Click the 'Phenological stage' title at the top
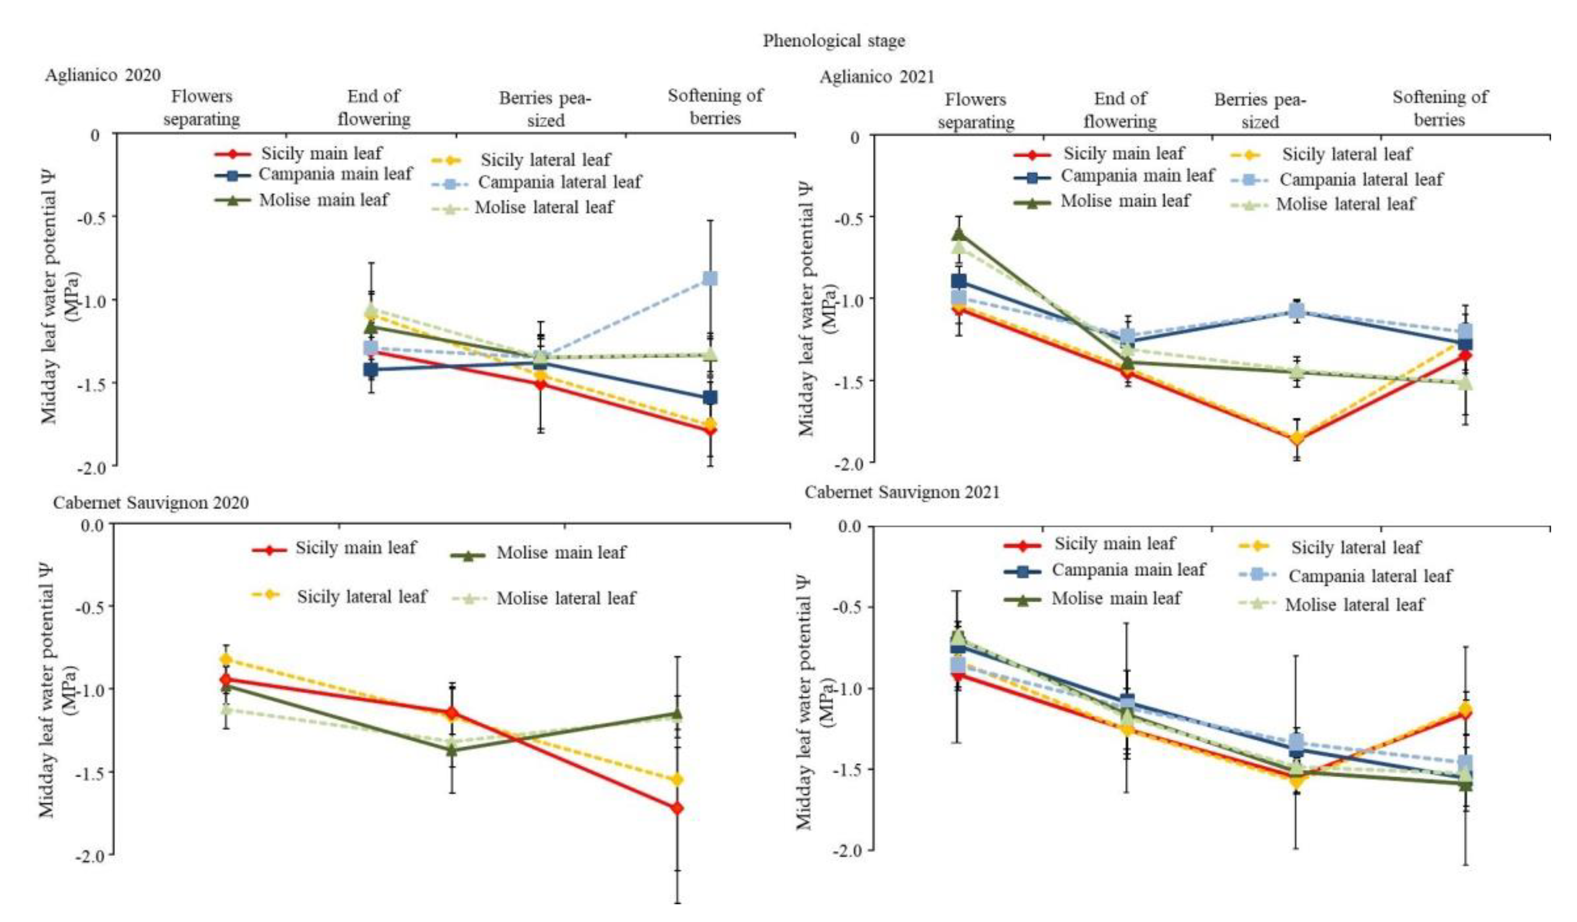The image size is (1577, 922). [834, 41]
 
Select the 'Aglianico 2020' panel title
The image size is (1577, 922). [103, 75]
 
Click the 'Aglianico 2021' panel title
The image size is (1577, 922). [877, 77]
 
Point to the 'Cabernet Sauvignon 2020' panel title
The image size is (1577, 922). [151, 503]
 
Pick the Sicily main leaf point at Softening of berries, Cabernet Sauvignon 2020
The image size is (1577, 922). [677, 808]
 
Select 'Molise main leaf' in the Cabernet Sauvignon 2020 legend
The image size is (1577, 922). [561, 553]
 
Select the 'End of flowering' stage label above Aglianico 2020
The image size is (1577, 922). [374, 108]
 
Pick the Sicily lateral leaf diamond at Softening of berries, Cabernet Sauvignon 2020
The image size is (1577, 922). [677, 779]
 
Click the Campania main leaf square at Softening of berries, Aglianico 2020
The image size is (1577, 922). [710, 398]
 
